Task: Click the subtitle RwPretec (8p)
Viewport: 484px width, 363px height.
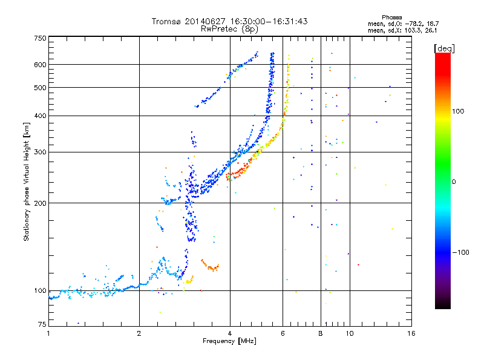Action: (x=229, y=29)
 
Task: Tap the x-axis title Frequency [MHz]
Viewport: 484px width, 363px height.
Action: (x=229, y=341)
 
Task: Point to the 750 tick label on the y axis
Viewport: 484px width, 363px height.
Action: (x=41, y=38)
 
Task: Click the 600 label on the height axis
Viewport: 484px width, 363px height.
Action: (x=41, y=65)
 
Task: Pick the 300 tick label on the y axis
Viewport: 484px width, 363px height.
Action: (x=41, y=152)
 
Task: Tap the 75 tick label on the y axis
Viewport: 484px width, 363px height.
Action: (x=42, y=324)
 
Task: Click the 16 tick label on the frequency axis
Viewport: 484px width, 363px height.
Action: (x=411, y=333)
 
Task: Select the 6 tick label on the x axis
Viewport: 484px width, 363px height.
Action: (x=283, y=333)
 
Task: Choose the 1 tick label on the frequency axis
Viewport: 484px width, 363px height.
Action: (x=48, y=333)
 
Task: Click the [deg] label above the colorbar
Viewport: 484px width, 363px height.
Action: (x=444, y=49)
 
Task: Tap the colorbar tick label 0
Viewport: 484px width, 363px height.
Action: (x=454, y=182)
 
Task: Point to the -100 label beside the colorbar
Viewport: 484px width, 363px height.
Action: (x=460, y=252)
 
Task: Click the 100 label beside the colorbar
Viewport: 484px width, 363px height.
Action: (x=458, y=111)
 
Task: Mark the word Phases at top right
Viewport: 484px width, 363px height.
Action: (x=391, y=18)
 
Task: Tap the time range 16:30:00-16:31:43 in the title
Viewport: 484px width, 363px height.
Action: (x=269, y=21)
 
